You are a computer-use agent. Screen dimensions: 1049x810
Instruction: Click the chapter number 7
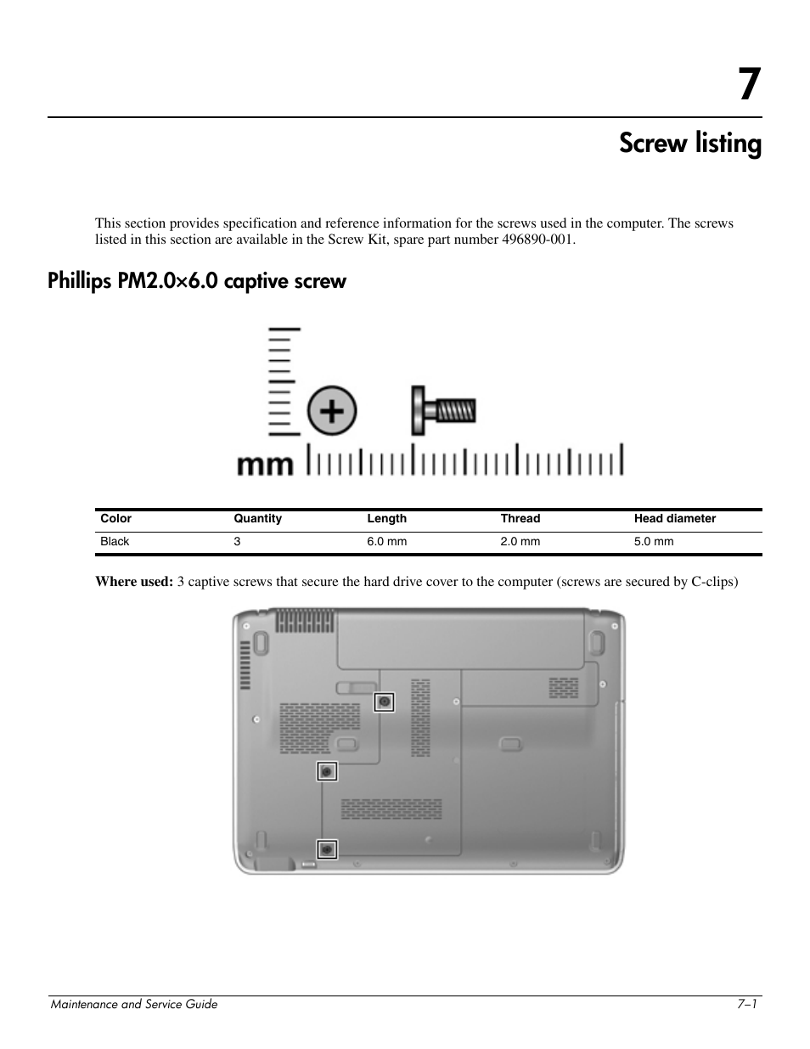(747, 85)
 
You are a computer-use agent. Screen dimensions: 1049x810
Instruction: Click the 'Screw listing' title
(689, 144)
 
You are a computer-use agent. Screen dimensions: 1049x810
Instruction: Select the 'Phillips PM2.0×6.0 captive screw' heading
(197, 281)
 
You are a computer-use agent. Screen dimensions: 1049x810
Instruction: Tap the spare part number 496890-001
(536, 240)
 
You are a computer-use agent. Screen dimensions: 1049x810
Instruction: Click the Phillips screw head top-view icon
(332, 412)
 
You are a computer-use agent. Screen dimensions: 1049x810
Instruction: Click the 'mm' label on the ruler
(264, 465)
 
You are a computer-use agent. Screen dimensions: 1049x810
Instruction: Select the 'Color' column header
(116, 519)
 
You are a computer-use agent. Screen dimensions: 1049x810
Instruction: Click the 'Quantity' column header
(257, 519)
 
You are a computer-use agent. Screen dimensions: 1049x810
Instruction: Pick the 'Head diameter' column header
(674, 519)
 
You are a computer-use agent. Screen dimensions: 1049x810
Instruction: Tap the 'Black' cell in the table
(115, 542)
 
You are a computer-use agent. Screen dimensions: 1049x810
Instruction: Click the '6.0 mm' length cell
(386, 542)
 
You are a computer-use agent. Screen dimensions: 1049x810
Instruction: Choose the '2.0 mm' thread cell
(520, 542)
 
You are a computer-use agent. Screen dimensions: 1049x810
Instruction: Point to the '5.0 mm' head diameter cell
(653, 542)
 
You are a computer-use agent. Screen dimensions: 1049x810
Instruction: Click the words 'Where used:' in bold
(134, 582)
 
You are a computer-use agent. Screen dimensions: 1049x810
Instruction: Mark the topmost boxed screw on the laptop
(385, 702)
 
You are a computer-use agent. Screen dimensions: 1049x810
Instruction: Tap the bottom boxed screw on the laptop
(327, 849)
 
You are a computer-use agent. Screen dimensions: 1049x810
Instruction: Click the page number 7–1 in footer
(747, 1004)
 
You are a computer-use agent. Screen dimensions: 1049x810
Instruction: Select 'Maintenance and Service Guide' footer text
(134, 1004)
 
